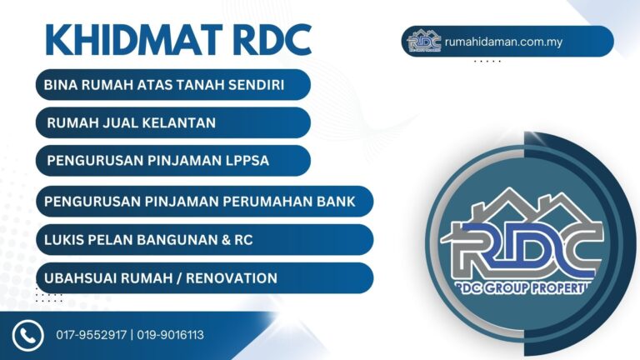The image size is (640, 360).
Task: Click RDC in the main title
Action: point(273,40)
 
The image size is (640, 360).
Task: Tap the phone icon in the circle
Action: point(27,336)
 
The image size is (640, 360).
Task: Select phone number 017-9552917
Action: point(92,335)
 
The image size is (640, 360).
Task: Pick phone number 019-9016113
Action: point(170,335)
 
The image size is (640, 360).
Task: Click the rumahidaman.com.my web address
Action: point(503,42)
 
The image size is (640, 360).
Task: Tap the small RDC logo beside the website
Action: point(424,41)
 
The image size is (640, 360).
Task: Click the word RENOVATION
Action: point(232,278)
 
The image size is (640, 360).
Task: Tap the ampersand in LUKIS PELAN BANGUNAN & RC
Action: point(226,240)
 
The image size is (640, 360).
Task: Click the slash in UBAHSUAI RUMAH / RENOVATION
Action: point(179,278)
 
